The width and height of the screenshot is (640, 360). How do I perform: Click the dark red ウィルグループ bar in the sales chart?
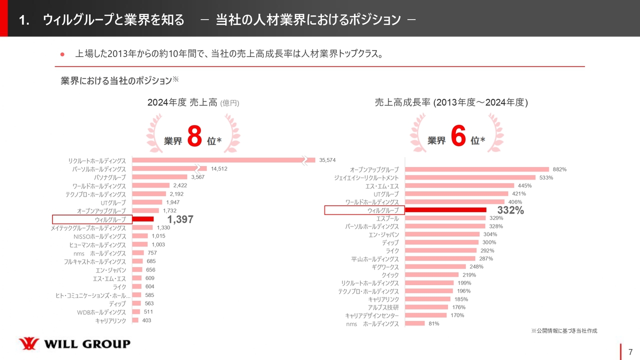tap(142, 219)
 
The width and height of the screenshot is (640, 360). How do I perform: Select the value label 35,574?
tap(327, 160)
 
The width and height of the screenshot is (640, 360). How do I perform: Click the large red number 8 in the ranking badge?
tap(194, 137)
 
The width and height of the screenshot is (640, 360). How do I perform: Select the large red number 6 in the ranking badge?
tap(458, 137)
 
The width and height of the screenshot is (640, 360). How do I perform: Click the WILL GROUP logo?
tap(74, 343)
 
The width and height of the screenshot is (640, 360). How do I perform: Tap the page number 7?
tap(630, 351)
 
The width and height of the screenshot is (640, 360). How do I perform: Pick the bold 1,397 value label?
tap(180, 219)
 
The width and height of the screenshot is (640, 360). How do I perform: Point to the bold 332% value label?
tap(510, 210)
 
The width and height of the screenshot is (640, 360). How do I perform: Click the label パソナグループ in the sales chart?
tap(110, 177)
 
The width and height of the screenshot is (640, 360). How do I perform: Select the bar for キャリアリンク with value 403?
tap(135, 320)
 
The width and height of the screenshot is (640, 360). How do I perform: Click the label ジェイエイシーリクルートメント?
tap(366, 177)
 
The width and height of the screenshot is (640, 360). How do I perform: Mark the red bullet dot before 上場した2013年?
tap(63, 54)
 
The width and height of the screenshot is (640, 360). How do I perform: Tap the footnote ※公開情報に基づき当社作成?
tap(564, 330)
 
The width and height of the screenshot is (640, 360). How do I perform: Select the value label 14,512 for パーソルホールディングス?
tap(219, 168)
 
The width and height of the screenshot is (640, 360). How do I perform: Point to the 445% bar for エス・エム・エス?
tap(459, 185)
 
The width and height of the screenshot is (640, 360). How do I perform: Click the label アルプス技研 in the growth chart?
tap(383, 307)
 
